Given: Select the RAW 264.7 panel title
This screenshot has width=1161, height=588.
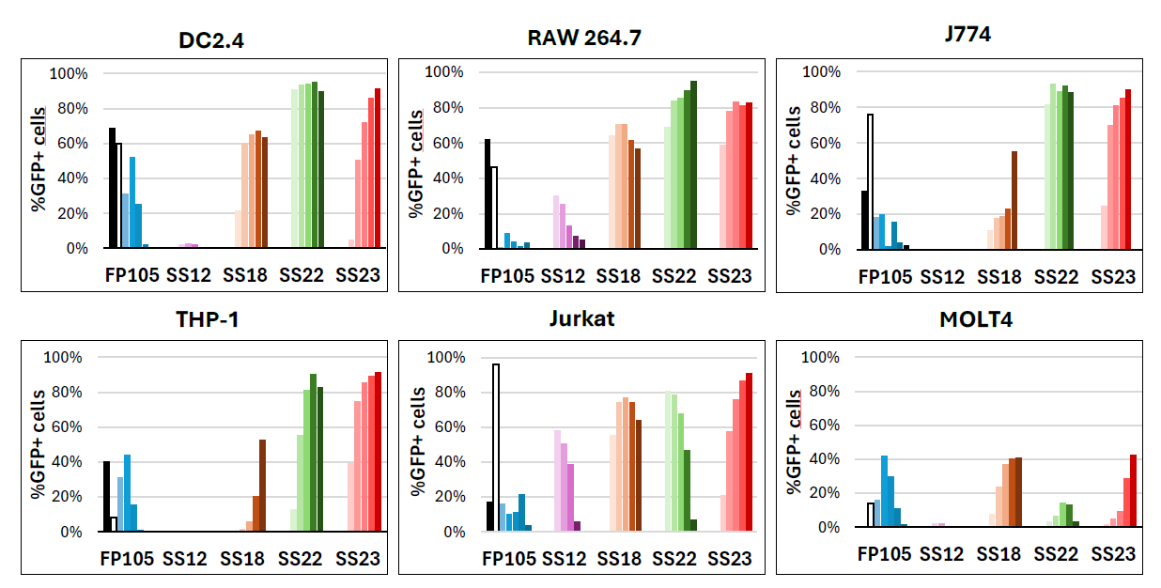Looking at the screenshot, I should click(x=584, y=38).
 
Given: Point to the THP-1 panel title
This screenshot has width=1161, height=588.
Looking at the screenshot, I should click(x=208, y=319).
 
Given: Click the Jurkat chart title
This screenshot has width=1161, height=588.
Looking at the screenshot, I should click(x=582, y=317).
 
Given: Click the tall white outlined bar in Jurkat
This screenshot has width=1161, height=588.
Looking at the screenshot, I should click(x=495, y=447).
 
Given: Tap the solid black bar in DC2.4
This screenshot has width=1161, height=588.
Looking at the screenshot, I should click(x=112, y=188).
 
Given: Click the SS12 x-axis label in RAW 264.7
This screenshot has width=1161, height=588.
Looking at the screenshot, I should click(x=563, y=276).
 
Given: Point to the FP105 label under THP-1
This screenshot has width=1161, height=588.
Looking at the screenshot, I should click(x=128, y=560).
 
